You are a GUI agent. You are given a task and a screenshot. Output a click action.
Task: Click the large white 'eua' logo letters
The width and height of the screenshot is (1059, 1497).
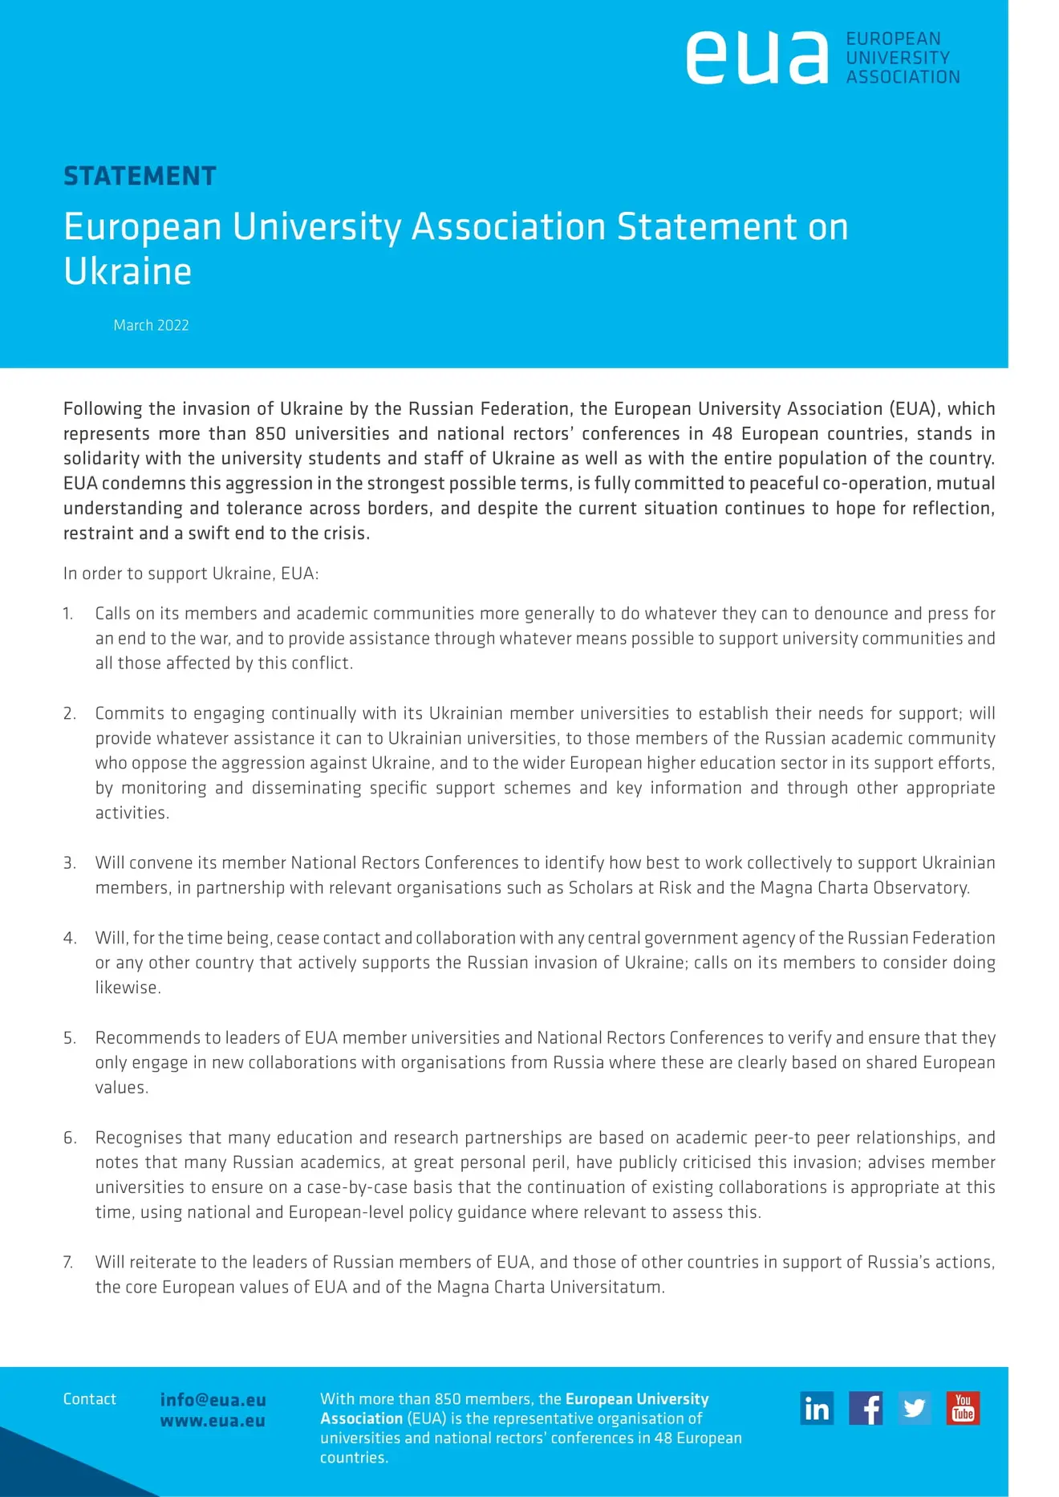click(x=757, y=58)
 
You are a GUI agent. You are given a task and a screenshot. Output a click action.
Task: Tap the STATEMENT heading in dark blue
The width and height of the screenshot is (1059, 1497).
click(x=140, y=176)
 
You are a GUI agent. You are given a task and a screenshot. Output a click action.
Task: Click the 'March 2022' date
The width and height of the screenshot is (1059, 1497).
click(x=151, y=325)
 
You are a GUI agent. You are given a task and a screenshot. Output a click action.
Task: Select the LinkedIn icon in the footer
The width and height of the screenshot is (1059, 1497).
click(x=817, y=1408)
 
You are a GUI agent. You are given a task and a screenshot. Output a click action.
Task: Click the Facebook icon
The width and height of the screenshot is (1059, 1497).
click(x=866, y=1408)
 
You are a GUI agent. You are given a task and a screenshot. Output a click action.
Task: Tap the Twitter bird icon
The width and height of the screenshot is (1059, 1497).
click(x=915, y=1408)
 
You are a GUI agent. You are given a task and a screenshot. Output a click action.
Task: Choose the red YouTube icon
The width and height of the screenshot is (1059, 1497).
click(x=963, y=1408)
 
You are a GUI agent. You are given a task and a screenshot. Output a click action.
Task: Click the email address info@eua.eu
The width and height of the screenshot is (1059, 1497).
click(x=213, y=1399)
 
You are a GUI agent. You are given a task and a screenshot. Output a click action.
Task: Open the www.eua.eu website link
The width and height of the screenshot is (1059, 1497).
click(x=213, y=1420)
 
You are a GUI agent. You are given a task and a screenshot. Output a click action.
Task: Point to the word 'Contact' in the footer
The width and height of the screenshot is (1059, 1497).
click(x=90, y=1399)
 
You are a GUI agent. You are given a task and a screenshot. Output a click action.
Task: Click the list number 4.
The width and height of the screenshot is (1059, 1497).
click(x=70, y=938)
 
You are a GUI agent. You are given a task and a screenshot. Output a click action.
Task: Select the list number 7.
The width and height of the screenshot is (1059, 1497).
click(x=68, y=1262)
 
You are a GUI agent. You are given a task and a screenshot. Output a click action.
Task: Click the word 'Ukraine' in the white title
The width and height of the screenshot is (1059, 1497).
click(x=128, y=271)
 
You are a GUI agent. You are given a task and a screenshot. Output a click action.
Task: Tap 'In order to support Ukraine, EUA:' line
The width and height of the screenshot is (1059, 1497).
click(x=191, y=574)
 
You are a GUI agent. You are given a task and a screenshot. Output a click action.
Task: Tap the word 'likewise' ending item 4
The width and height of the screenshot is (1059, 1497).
click(x=127, y=988)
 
